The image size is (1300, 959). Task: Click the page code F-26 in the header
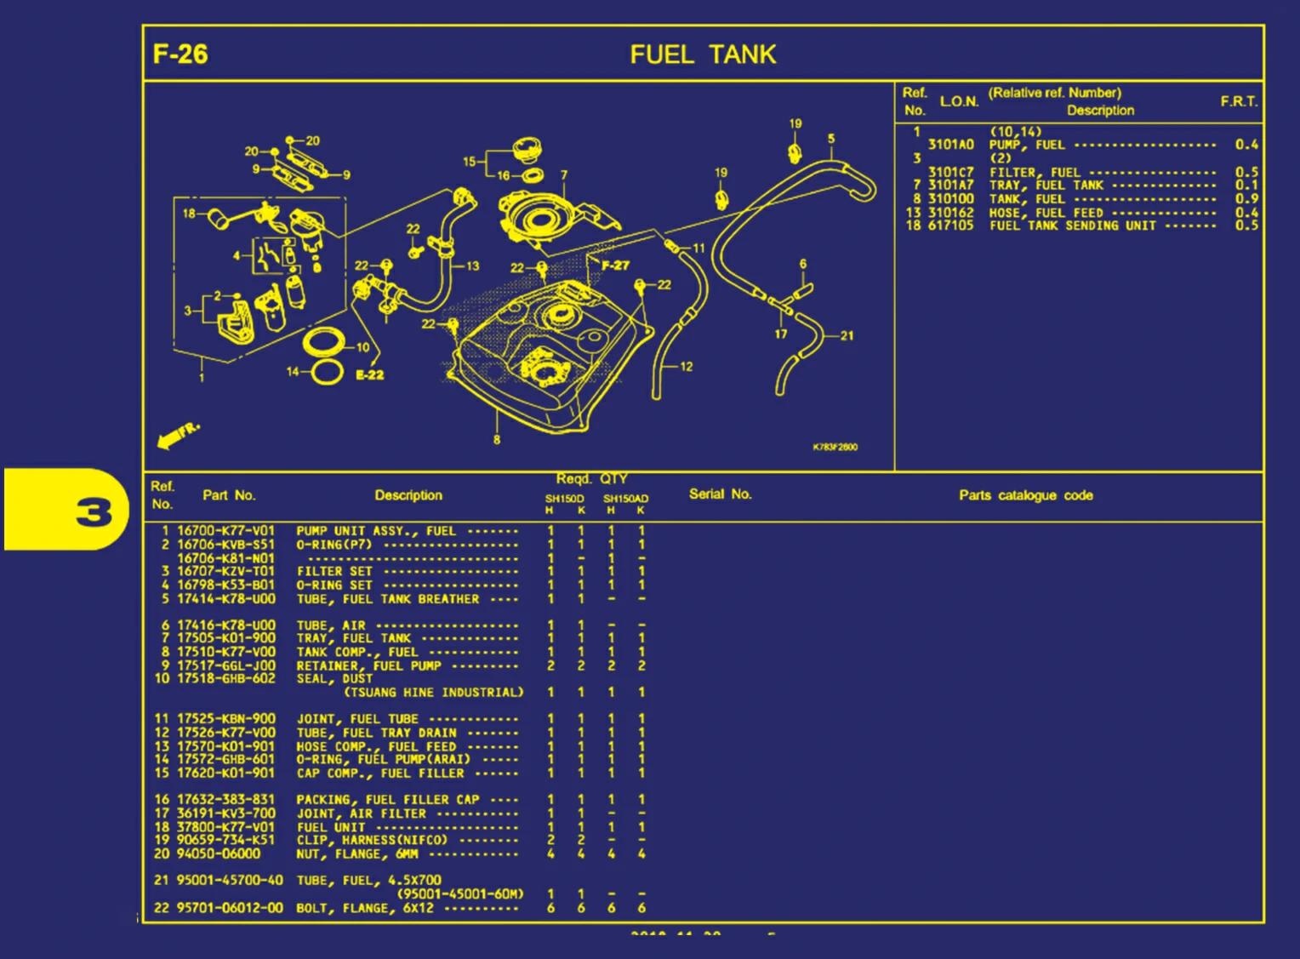(x=180, y=54)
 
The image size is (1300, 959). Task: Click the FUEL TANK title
(x=703, y=55)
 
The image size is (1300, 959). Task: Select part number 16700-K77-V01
(x=225, y=531)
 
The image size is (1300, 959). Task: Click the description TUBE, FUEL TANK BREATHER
(x=387, y=599)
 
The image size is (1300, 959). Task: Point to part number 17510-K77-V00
(x=225, y=652)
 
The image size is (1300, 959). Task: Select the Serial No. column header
(x=720, y=494)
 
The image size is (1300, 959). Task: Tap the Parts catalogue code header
(x=1025, y=495)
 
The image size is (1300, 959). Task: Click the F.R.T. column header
(x=1238, y=101)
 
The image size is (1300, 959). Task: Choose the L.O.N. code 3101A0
(x=950, y=145)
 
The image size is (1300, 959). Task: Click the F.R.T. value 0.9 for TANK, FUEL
(x=1246, y=198)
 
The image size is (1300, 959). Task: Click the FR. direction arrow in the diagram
(x=178, y=435)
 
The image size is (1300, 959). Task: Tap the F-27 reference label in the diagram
(x=615, y=265)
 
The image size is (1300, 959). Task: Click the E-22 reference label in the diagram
(x=369, y=374)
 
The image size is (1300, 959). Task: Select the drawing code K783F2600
(x=835, y=447)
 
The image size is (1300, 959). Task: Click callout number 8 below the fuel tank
(x=497, y=440)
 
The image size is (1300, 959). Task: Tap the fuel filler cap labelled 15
(x=527, y=151)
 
